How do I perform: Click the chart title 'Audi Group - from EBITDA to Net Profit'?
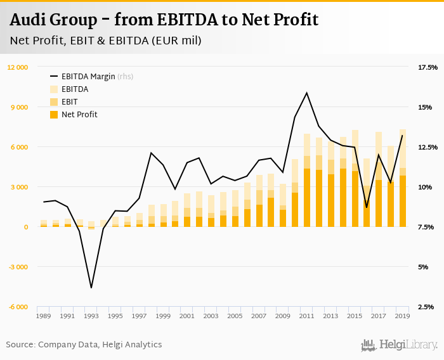164,20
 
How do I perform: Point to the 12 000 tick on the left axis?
17,67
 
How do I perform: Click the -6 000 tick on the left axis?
18,307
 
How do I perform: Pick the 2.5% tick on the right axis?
426,307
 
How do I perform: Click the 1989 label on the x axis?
44,316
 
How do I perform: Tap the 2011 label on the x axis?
307,316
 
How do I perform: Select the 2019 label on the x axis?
402,316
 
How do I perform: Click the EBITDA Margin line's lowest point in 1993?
91,288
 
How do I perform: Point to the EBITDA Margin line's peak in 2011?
307,93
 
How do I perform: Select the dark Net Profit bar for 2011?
307,197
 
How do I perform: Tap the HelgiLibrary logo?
399,345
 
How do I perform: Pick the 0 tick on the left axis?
26,227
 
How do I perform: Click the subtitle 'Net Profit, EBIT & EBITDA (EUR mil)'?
106,41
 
